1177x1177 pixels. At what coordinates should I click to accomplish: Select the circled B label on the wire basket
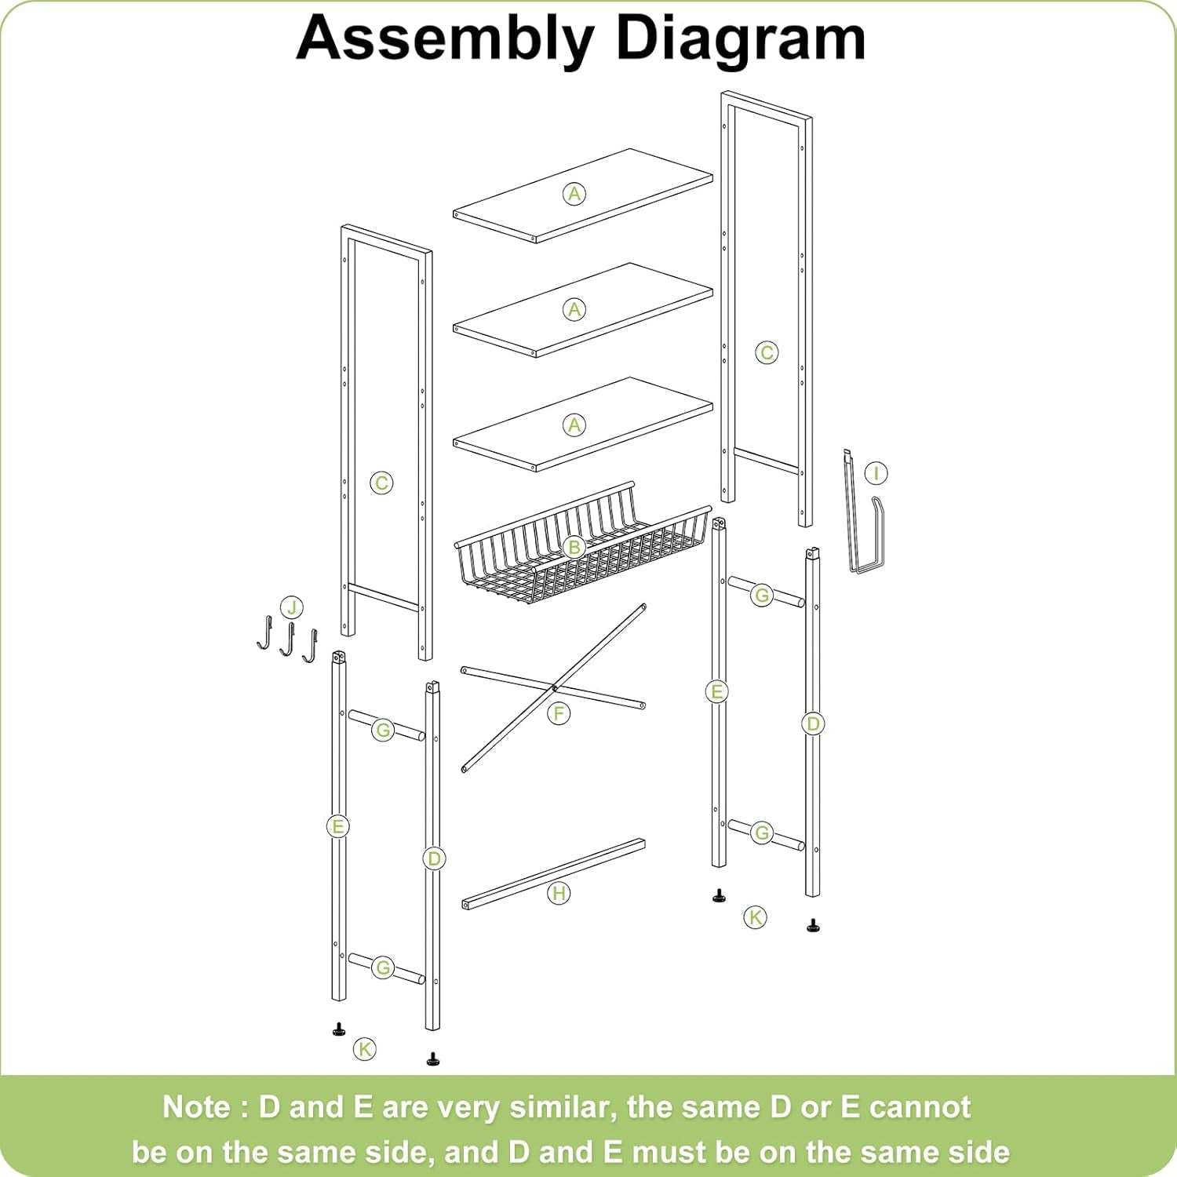click(574, 547)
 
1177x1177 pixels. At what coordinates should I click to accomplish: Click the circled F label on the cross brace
click(559, 713)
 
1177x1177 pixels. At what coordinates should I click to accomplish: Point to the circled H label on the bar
click(559, 893)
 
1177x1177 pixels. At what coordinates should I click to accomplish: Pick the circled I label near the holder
click(876, 473)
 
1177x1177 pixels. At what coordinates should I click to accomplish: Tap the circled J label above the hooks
click(292, 607)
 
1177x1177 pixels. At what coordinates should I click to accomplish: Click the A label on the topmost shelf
click(574, 194)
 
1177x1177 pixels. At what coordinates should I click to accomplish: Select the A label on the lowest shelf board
click(574, 425)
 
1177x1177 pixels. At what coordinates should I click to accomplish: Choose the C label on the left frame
click(381, 483)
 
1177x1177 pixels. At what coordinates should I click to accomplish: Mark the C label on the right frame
click(767, 352)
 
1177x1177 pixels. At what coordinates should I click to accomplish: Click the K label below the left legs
click(365, 1048)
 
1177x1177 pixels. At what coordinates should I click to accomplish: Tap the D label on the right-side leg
click(813, 723)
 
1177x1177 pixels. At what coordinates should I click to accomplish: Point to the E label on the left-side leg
click(337, 826)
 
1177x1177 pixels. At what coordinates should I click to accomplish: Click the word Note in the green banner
click(196, 1107)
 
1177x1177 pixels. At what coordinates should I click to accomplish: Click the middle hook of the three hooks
click(288, 640)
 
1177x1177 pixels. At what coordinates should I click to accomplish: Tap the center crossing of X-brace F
click(554, 688)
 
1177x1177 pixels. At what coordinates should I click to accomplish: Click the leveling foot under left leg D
click(432, 1059)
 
